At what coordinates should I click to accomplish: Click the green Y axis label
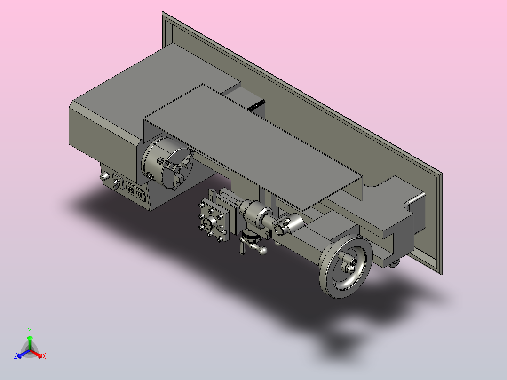(30, 331)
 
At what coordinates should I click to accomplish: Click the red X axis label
(44, 356)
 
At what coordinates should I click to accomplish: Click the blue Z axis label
(16, 356)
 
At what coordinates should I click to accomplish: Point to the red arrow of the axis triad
(36, 354)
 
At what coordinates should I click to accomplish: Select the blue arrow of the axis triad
(24, 354)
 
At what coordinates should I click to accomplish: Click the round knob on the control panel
(104, 176)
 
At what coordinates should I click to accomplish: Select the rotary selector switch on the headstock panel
(117, 183)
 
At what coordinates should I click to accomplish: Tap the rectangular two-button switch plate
(135, 192)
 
